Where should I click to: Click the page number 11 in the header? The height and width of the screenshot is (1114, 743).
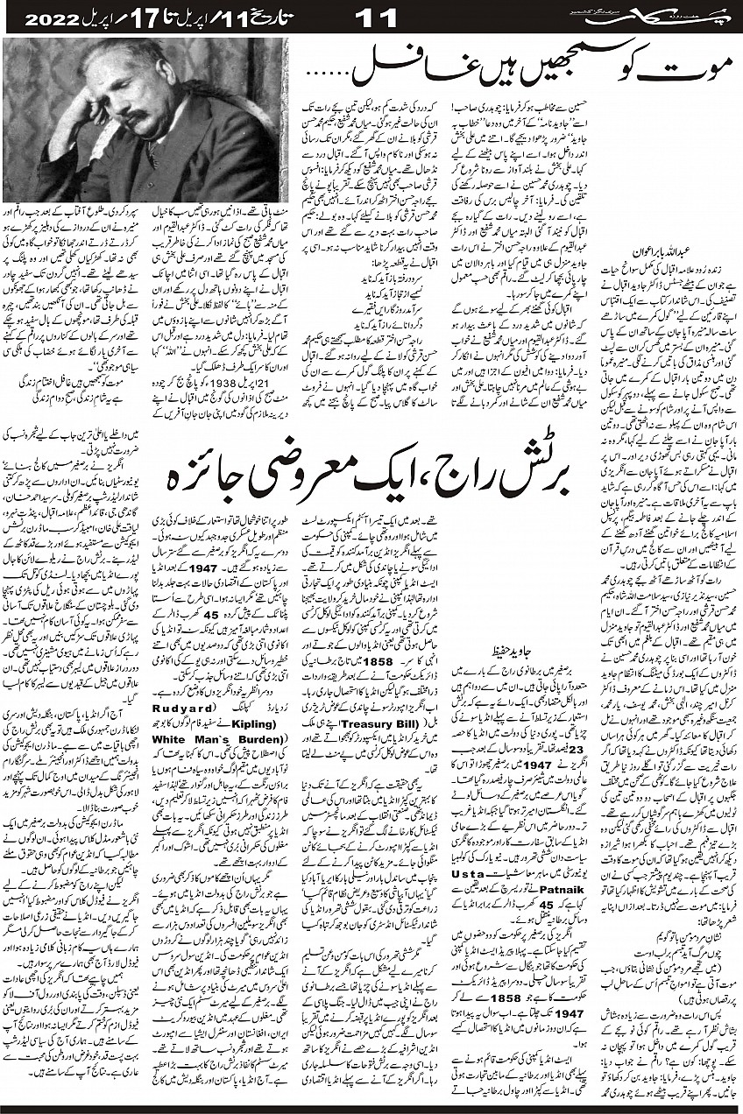tap(379, 17)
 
